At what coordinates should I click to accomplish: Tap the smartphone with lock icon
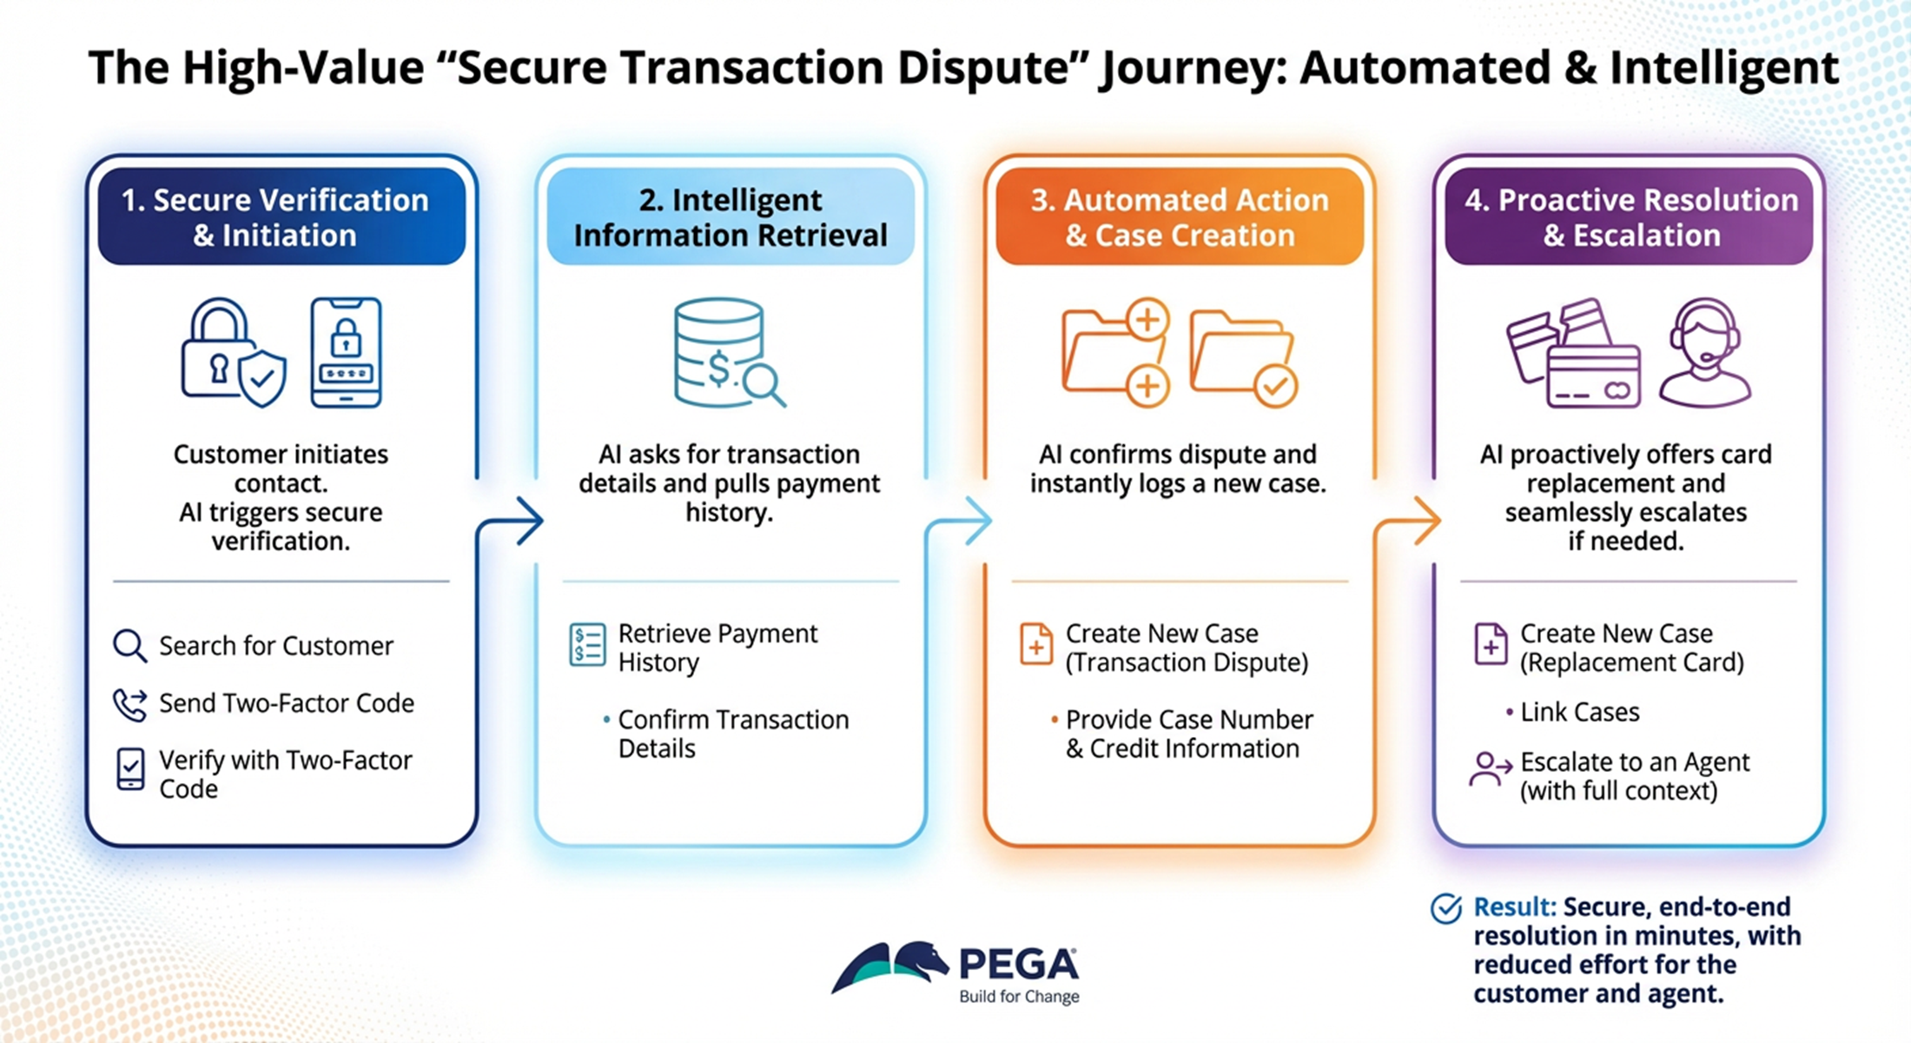click(x=346, y=353)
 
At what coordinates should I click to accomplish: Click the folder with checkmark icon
click(x=1243, y=356)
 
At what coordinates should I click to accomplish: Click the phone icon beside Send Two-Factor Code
click(x=129, y=704)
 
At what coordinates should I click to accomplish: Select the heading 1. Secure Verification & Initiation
click(x=275, y=217)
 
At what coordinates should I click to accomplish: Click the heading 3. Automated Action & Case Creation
click(x=1180, y=217)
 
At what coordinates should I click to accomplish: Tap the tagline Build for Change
click(x=1019, y=997)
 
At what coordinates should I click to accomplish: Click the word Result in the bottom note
click(x=1514, y=907)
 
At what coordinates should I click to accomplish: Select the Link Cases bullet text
click(x=1579, y=713)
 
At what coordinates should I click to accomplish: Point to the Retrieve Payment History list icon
click(x=587, y=645)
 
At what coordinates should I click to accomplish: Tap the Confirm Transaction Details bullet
click(x=732, y=734)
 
